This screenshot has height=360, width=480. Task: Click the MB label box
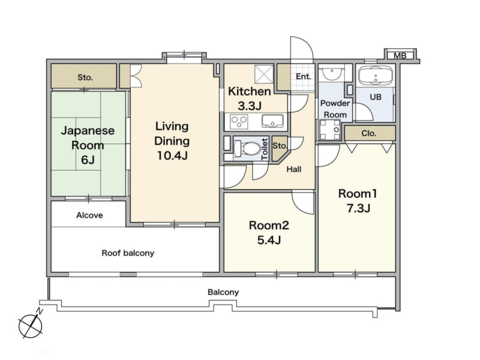pyautogui.click(x=400, y=55)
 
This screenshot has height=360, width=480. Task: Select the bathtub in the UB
pyautogui.click(x=376, y=76)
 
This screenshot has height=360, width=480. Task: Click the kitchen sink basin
pyautogui.click(x=272, y=121)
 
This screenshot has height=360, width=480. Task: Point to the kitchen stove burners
pyautogui.click(x=239, y=122)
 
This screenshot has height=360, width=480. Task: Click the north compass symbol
pyautogui.click(x=31, y=325)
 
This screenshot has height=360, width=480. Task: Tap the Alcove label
pyautogui.click(x=89, y=215)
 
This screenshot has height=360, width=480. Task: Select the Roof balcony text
pyautogui.click(x=128, y=253)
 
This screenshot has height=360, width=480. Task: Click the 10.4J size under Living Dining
pyautogui.click(x=172, y=155)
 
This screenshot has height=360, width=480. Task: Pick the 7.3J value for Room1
pyautogui.click(x=358, y=208)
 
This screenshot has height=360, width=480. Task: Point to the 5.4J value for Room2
pyautogui.click(x=269, y=240)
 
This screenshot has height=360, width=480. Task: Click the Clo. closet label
pyautogui.click(x=369, y=133)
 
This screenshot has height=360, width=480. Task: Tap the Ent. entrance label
pyautogui.click(x=303, y=77)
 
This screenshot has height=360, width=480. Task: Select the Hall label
pyautogui.click(x=294, y=169)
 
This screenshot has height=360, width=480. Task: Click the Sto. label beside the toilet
pyautogui.click(x=279, y=146)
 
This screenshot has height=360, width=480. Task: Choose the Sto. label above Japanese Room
pyautogui.click(x=85, y=77)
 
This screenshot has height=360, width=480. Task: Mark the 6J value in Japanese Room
pyautogui.click(x=88, y=160)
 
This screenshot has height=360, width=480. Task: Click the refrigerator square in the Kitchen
pyautogui.click(x=264, y=74)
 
